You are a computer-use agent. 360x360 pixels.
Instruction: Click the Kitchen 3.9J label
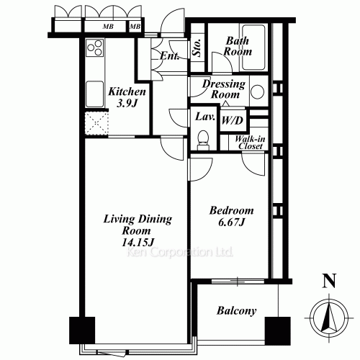tap(127, 97)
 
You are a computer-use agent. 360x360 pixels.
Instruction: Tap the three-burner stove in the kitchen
tap(95, 49)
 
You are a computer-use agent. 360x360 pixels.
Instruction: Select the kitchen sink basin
tap(95, 93)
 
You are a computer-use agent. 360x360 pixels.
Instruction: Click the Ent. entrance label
tap(170, 56)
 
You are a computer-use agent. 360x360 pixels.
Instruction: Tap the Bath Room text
tap(237, 46)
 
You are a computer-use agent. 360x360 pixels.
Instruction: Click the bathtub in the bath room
tap(261, 48)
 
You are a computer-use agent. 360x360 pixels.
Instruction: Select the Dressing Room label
tap(224, 89)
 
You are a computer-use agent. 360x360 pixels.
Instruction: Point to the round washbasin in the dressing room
tap(258, 91)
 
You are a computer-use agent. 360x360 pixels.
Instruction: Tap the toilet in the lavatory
tap(204, 138)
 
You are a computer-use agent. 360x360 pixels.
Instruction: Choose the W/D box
tap(232, 120)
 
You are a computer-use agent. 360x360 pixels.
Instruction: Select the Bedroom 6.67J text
tap(231, 216)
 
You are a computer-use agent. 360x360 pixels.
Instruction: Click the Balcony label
tap(236, 311)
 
